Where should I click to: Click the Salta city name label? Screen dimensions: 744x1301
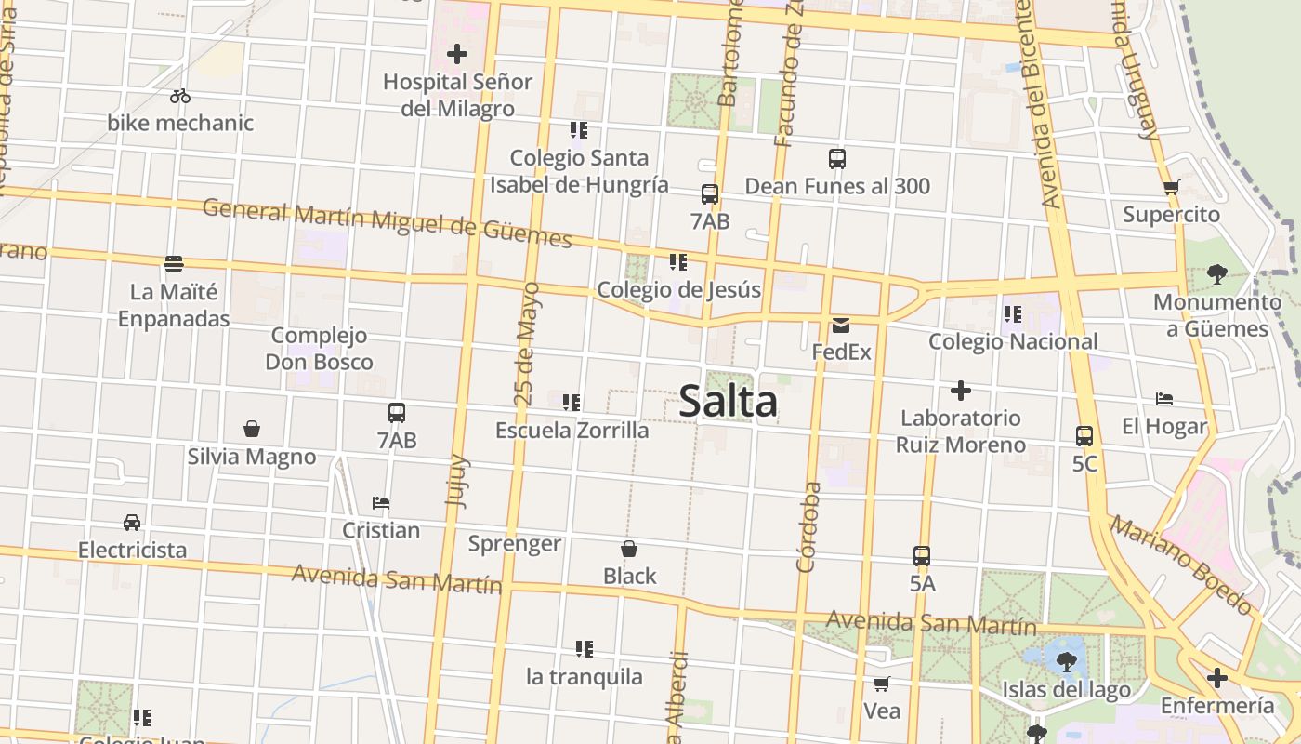(728, 402)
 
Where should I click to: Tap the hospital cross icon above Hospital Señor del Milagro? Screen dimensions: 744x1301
(457, 54)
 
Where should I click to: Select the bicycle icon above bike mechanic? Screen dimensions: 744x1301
(180, 96)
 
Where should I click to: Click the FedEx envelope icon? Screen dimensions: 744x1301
(841, 325)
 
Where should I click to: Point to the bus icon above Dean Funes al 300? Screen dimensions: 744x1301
(837, 159)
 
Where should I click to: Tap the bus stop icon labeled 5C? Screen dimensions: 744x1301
(1084, 435)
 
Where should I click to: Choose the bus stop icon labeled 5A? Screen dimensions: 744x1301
(922, 556)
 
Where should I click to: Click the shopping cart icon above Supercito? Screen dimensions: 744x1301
(1171, 187)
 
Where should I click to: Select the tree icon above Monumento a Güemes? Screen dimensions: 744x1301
(1216, 274)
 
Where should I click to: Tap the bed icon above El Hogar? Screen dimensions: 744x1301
(1164, 399)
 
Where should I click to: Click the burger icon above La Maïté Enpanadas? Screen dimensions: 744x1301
(173, 264)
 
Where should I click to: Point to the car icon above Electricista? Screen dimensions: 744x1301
(132, 523)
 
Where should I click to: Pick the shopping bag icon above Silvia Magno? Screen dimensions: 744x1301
(251, 429)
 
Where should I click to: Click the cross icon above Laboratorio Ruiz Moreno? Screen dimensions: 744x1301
(960, 391)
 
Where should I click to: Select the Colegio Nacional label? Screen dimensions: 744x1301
(1013, 341)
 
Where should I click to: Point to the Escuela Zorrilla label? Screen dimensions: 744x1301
(572, 431)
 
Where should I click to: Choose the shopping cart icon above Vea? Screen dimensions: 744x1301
(881, 684)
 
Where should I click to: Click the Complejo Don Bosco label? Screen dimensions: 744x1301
(319, 349)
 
